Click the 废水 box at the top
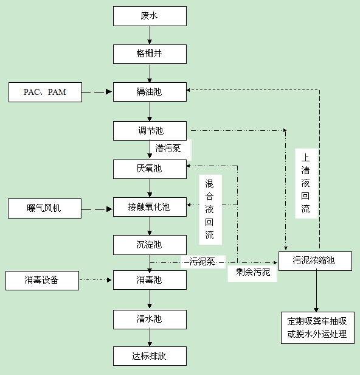pyautogui.click(x=149, y=16)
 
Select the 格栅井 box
pyautogui.click(x=149, y=54)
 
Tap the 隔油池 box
pyautogui.click(x=149, y=93)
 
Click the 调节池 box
pyautogui.click(x=149, y=131)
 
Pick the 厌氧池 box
pyautogui.click(x=149, y=169)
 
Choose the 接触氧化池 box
pyautogui.click(x=149, y=207)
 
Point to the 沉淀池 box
pyautogui.click(x=149, y=245)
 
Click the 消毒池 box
pyautogui.click(x=149, y=281)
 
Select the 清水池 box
pyautogui.click(x=149, y=319)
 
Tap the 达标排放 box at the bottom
pyautogui.click(x=149, y=356)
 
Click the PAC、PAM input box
pyautogui.click(x=45, y=93)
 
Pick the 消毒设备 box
pyautogui.click(x=42, y=281)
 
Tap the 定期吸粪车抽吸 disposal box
pyautogui.click(x=316, y=327)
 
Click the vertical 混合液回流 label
pyautogui.click(x=210, y=209)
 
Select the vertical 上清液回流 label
pyautogui.click(x=306, y=182)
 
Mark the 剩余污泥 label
pyautogui.click(x=252, y=273)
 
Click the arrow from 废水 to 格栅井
pyautogui.click(x=149, y=35)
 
